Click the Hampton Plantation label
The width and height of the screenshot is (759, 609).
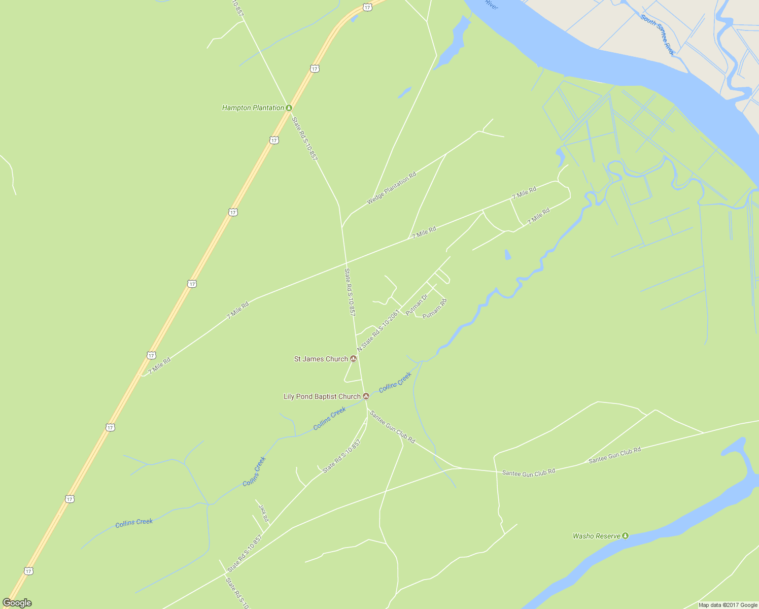[253, 108]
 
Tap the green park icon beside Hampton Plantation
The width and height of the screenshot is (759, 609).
[289, 108]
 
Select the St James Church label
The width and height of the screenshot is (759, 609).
[321, 359]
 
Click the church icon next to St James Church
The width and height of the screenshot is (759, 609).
[354, 359]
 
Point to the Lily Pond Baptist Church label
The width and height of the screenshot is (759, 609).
[322, 396]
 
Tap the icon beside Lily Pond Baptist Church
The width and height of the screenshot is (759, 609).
[366, 396]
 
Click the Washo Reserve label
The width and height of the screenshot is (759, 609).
[596, 536]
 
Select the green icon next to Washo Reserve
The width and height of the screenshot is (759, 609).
[626, 535]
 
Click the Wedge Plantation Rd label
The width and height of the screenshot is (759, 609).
[391, 188]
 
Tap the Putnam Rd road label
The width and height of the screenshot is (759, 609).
[435, 309]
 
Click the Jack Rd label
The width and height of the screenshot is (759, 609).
[263, 513]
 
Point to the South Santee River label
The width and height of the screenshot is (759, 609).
[657, 35]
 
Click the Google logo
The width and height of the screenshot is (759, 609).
[17, 603]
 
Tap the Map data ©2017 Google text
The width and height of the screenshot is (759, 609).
[728, 605]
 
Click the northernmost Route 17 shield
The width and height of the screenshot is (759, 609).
[367, 7]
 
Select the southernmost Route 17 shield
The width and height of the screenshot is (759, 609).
[28, 571]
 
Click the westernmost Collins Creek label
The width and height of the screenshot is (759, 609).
[134, 523]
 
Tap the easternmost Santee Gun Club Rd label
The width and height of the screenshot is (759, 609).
[614, 455]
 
